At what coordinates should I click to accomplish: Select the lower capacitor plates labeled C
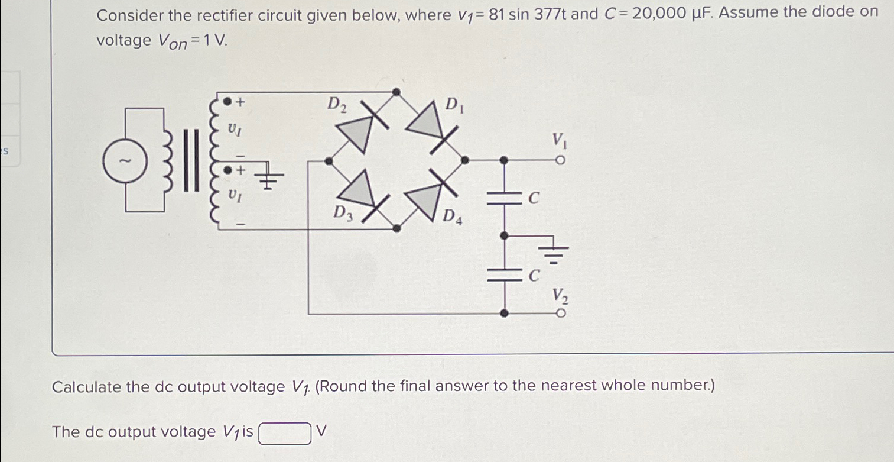pos(504,273)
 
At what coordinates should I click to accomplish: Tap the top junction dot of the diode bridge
pos(396,92)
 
